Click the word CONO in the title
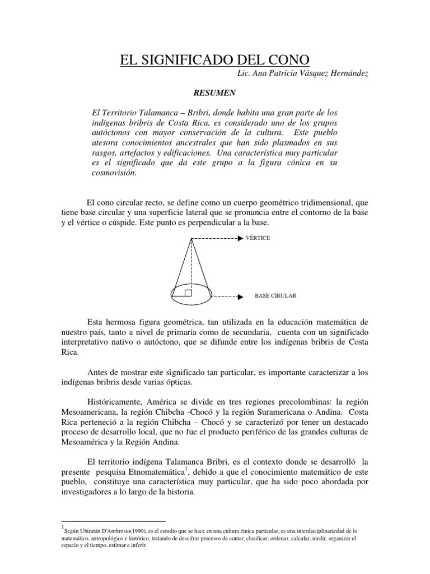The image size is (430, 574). point(284,59)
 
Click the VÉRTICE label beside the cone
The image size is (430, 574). point(258,238)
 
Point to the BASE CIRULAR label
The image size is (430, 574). point(275,296)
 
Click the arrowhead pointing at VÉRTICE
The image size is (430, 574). point(240,238)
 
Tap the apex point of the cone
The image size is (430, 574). point(192,239)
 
